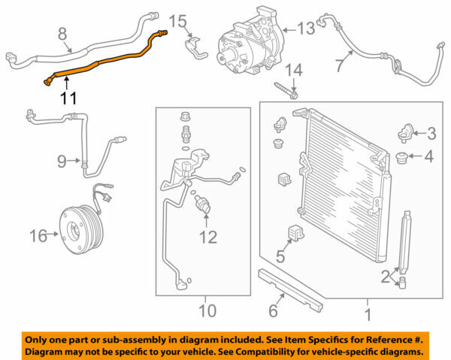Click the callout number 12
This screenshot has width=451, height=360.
207,237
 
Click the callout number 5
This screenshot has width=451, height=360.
280,257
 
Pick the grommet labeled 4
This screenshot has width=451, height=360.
404,159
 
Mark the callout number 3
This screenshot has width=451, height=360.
431,134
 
